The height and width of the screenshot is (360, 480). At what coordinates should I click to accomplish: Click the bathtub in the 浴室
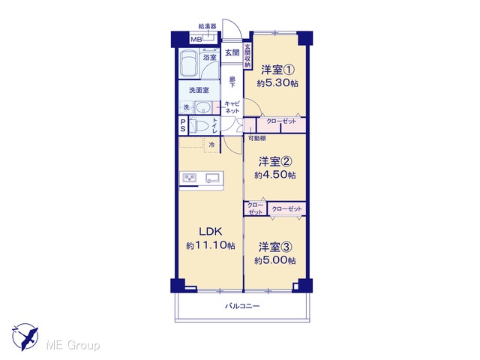coord(188,64)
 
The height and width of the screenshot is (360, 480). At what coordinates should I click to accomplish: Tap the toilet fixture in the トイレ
coord(200,126)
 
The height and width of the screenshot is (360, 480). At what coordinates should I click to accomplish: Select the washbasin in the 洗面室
coord(202,108)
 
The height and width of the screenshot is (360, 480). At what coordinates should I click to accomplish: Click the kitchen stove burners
coord(189,178)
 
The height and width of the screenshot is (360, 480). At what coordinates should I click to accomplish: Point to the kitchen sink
coord(212,178)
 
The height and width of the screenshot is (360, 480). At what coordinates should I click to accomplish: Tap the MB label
coord(196,40)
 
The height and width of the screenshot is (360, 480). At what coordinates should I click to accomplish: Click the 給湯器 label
coord(207,26)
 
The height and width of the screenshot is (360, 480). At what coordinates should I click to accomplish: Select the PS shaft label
coord(183,125)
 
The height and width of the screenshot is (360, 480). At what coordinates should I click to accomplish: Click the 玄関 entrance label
coord(232,53)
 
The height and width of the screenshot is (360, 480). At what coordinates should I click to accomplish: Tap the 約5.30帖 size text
coord(277,83)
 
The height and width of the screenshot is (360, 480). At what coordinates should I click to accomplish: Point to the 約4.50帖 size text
coord(275,175)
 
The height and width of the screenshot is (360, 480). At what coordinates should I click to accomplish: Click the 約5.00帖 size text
coord(275,260)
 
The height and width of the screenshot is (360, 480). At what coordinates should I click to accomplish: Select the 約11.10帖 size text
coord(211,245)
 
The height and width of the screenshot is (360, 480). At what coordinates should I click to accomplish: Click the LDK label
coord(211,232)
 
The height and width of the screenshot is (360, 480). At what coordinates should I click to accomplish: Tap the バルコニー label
coord(242,306)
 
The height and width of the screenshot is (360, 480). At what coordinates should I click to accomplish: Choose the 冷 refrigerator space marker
coord(211,145)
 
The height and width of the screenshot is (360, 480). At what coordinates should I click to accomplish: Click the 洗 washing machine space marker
coord(187,107)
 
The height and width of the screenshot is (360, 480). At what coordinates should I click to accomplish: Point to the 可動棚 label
coord(256,138)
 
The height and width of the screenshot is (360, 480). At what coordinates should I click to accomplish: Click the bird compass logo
coord(25,336)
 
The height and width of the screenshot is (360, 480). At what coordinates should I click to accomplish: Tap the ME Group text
coord(73,345)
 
